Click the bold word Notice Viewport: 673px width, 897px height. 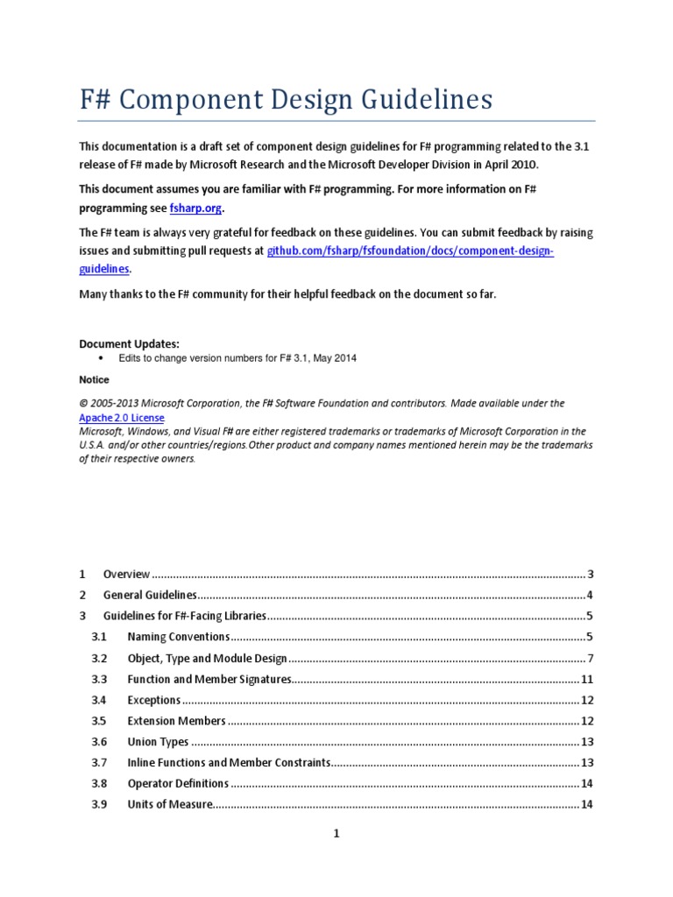coord(94,380)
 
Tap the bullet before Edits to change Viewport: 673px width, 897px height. coord(103,358)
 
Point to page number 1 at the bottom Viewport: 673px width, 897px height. coord(336,835)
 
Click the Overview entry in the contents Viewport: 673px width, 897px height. coord(126,575)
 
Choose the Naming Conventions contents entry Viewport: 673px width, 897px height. coord(178,637)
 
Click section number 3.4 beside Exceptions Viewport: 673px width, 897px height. coord(99,700)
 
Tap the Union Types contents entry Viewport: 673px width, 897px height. coord(158,742)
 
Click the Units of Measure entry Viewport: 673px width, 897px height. coord(170,804)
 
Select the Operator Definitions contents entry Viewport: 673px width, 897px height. coord(178,783)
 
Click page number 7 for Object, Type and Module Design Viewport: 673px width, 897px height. coord(592,658)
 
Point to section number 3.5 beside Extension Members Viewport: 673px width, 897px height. coord(99,721)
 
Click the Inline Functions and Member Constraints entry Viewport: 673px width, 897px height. coord(229,763)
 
